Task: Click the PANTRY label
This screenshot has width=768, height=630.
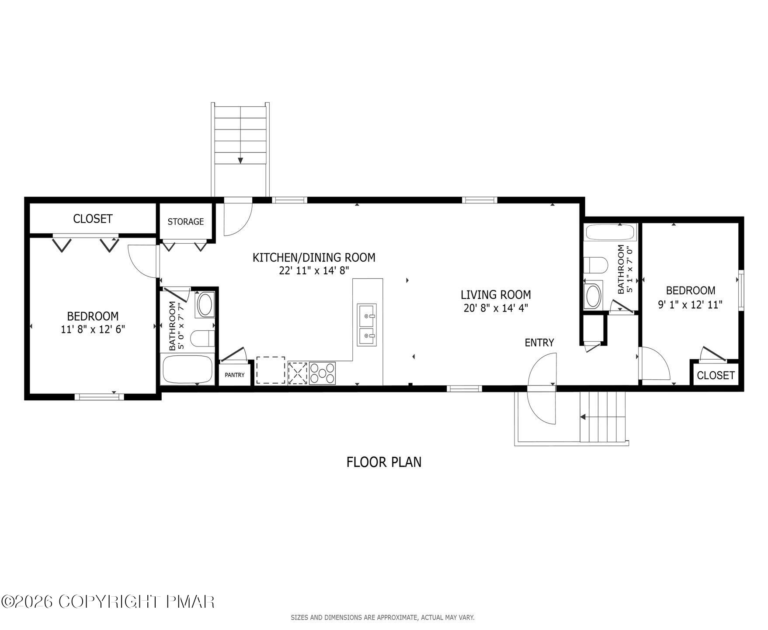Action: (x=234, y=375)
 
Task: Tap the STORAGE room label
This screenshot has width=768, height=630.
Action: (x=186, y=221)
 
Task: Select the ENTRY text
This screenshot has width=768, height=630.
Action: (x=539, y=343)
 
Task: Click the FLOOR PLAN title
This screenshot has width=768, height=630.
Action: (x=384, y=462)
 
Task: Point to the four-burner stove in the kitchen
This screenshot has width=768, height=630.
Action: (x=322, y=373)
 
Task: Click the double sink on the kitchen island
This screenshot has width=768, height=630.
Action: (x=366, y=325)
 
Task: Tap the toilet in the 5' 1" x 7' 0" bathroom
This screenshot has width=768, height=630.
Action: (x=596, y=265)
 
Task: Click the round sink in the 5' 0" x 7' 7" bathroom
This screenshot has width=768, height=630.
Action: (x=205, y=305)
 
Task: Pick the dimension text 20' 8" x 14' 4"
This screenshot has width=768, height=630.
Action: (x=496, y=308)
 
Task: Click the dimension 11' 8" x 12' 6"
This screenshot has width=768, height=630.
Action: (x=93, y=329)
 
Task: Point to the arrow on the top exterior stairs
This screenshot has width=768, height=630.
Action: (x=240, y=160)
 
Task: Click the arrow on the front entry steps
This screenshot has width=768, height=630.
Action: (x=583, y=417)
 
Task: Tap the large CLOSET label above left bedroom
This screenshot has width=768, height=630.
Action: (x=93, y=218)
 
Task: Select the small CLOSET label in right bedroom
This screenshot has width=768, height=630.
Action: (x=716, y=375)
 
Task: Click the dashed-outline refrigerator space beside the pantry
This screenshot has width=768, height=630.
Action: (x=270, y=371)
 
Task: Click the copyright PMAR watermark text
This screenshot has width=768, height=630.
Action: (x=108, y=602)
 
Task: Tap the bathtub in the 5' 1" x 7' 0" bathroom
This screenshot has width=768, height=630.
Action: (x=611, y=232)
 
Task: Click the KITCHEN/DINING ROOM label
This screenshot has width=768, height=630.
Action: (x=314, y=257)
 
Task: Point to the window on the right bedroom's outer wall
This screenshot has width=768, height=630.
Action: (x=741, y=290)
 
